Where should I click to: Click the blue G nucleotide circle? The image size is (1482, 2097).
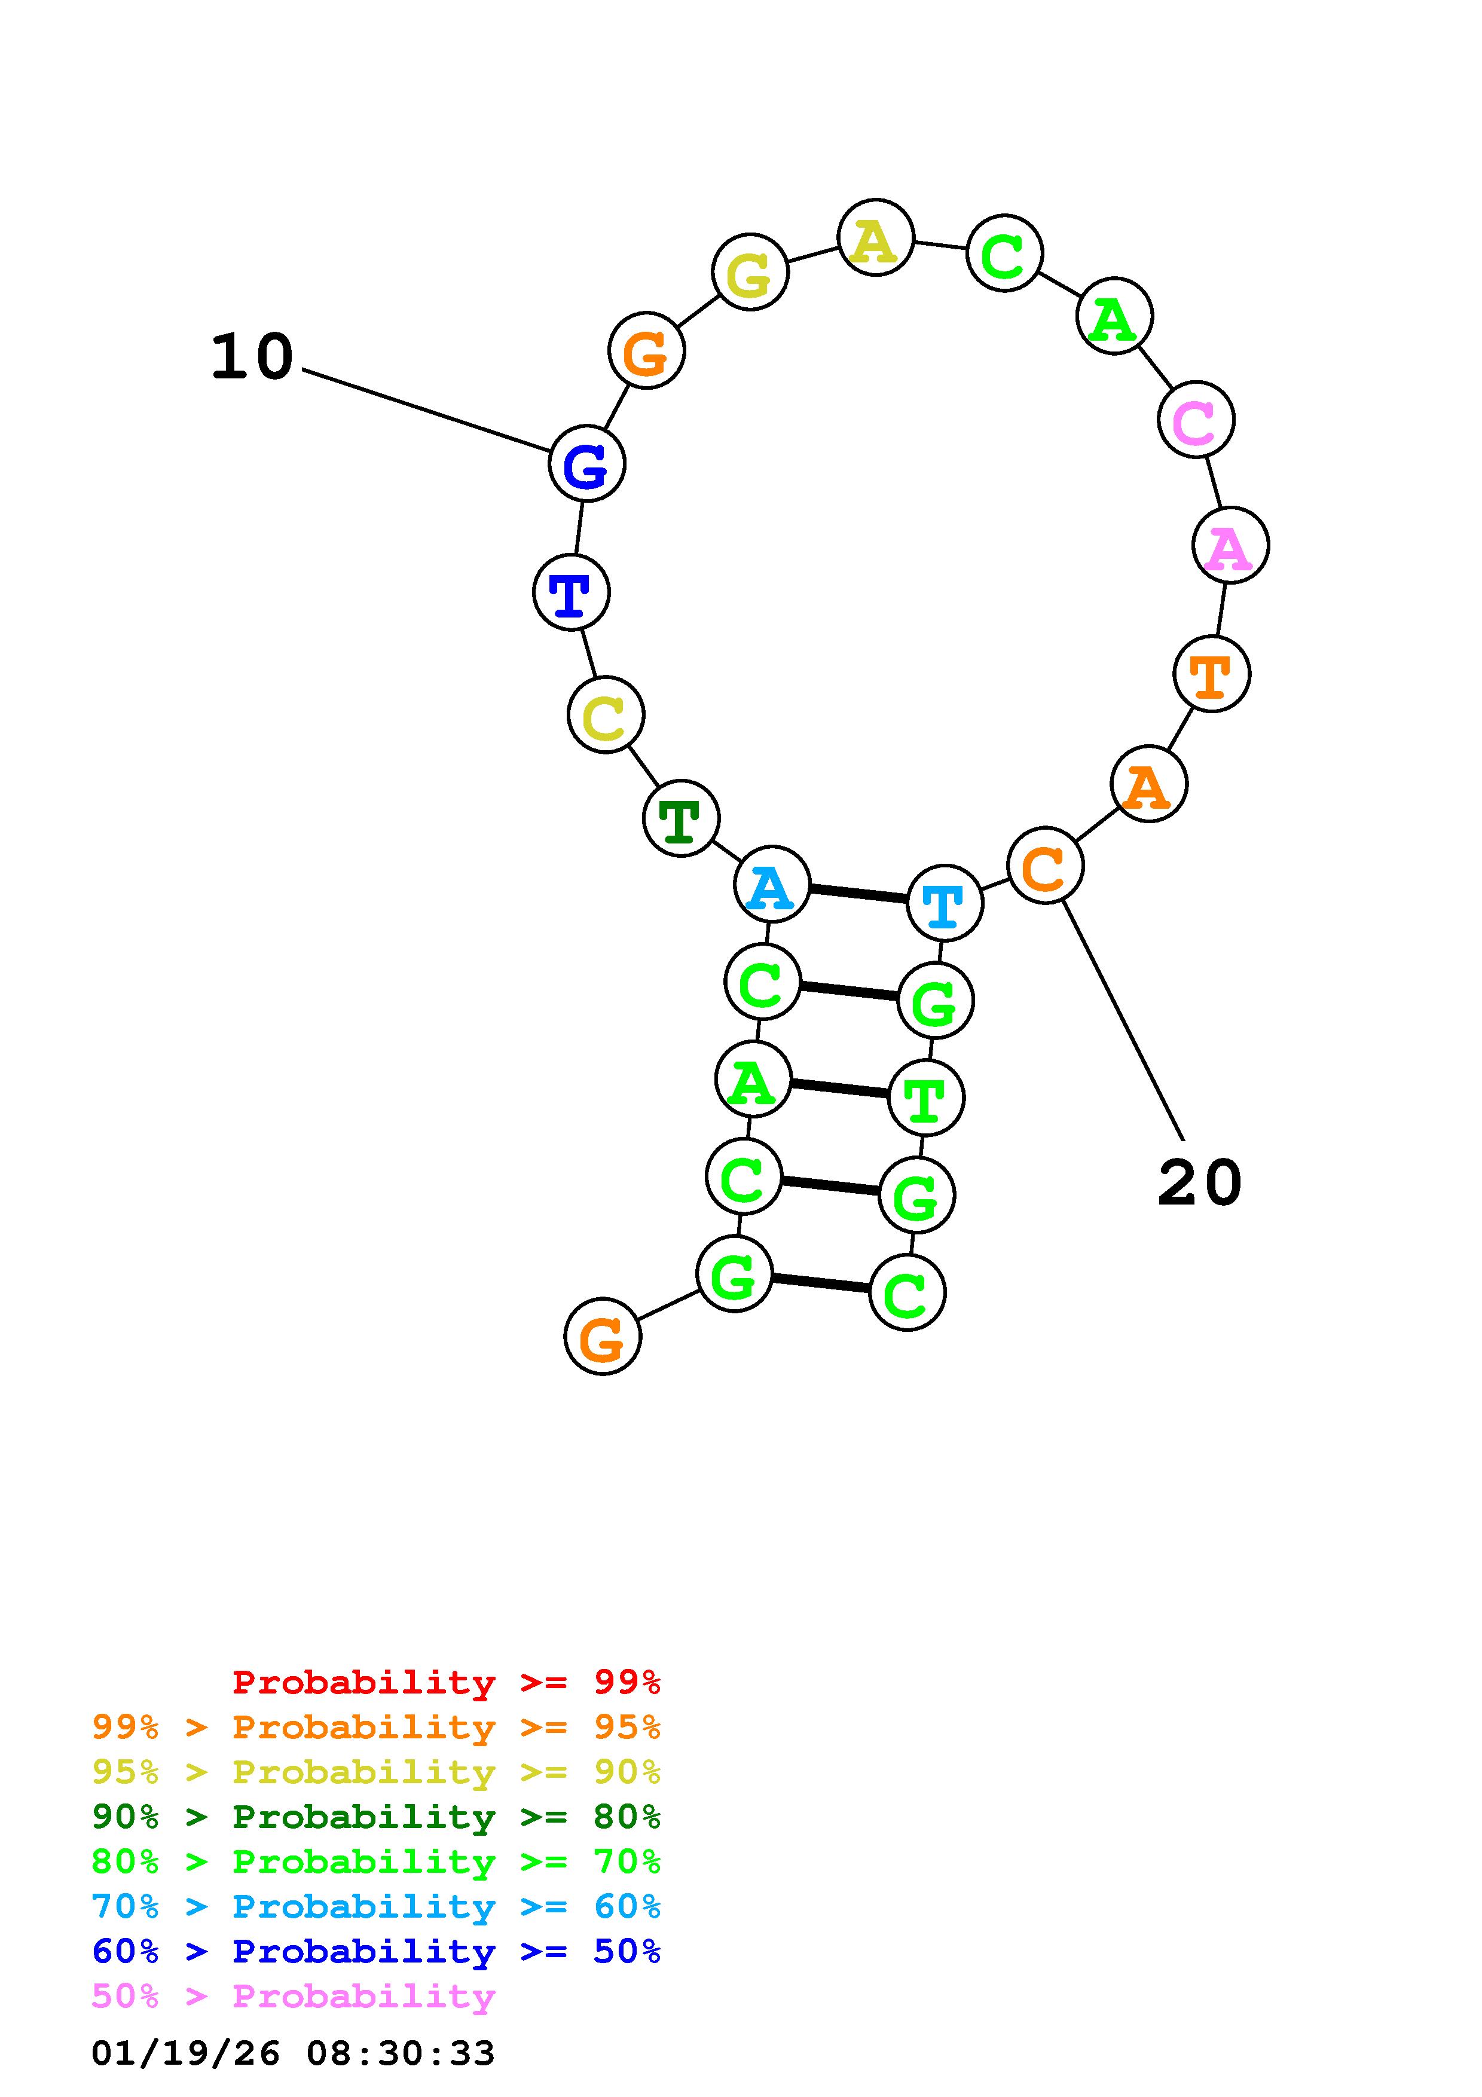[586, 464]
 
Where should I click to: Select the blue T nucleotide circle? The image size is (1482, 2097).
[571, 593]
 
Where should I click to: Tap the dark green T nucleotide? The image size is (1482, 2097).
[681, 818]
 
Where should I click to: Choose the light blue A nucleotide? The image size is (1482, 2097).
[772, 884]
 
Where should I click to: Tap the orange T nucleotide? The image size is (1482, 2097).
[1211, 674]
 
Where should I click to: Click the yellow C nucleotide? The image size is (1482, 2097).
[606, 715]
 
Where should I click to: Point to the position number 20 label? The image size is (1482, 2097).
[1199, 1183]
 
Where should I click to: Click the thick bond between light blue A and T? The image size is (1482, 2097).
[858, 893]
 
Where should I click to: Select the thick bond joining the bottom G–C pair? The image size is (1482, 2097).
[821, 1283]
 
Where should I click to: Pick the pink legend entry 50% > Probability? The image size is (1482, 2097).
[293, 1997]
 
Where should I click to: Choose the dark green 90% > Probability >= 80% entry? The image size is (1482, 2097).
[375, 1817]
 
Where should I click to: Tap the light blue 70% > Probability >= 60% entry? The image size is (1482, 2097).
[375, 1906]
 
